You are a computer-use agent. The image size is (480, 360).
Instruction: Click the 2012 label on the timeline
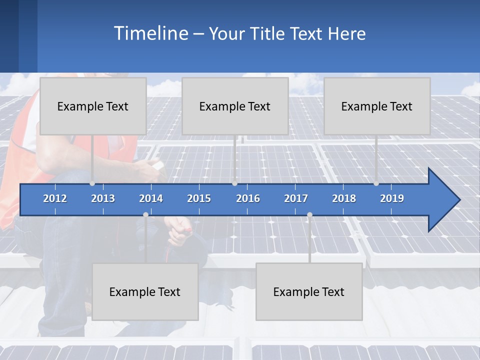55,198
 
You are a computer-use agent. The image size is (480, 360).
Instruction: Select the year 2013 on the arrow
103,198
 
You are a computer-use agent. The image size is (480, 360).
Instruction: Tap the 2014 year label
151,198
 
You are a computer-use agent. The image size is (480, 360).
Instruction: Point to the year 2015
199,198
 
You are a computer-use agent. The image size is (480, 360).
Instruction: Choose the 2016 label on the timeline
248,198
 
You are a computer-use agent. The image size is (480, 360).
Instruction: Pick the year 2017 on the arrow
296,198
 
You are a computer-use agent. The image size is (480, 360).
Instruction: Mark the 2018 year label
344,198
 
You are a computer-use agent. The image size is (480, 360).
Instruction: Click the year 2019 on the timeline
392,198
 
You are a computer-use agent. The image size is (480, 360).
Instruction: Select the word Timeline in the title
150,33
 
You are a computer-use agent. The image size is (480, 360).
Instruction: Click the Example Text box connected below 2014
145,291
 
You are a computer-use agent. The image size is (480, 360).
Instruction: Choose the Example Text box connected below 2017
309,291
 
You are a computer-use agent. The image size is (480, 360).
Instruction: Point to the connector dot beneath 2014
145,215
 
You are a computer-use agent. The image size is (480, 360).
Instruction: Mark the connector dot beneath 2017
309,215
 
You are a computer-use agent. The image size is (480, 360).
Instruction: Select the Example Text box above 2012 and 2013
93,106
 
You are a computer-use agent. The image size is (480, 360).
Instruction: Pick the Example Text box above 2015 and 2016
235,106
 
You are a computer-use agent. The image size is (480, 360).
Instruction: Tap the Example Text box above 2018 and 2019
377,106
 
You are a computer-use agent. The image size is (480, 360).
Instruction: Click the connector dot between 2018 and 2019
376,183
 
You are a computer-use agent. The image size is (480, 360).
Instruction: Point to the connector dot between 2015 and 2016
234,183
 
